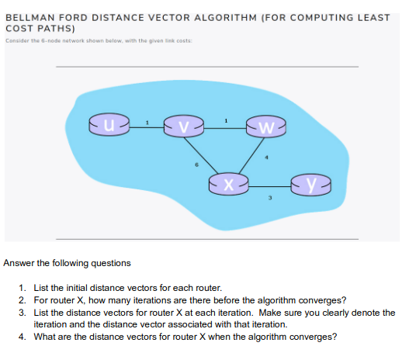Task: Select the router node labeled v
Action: [183, 126]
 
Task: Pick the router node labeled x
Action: [228, 185]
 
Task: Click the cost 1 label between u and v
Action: [147, 122]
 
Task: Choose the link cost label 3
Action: [270, 199]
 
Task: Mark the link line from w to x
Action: [248, 154]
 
